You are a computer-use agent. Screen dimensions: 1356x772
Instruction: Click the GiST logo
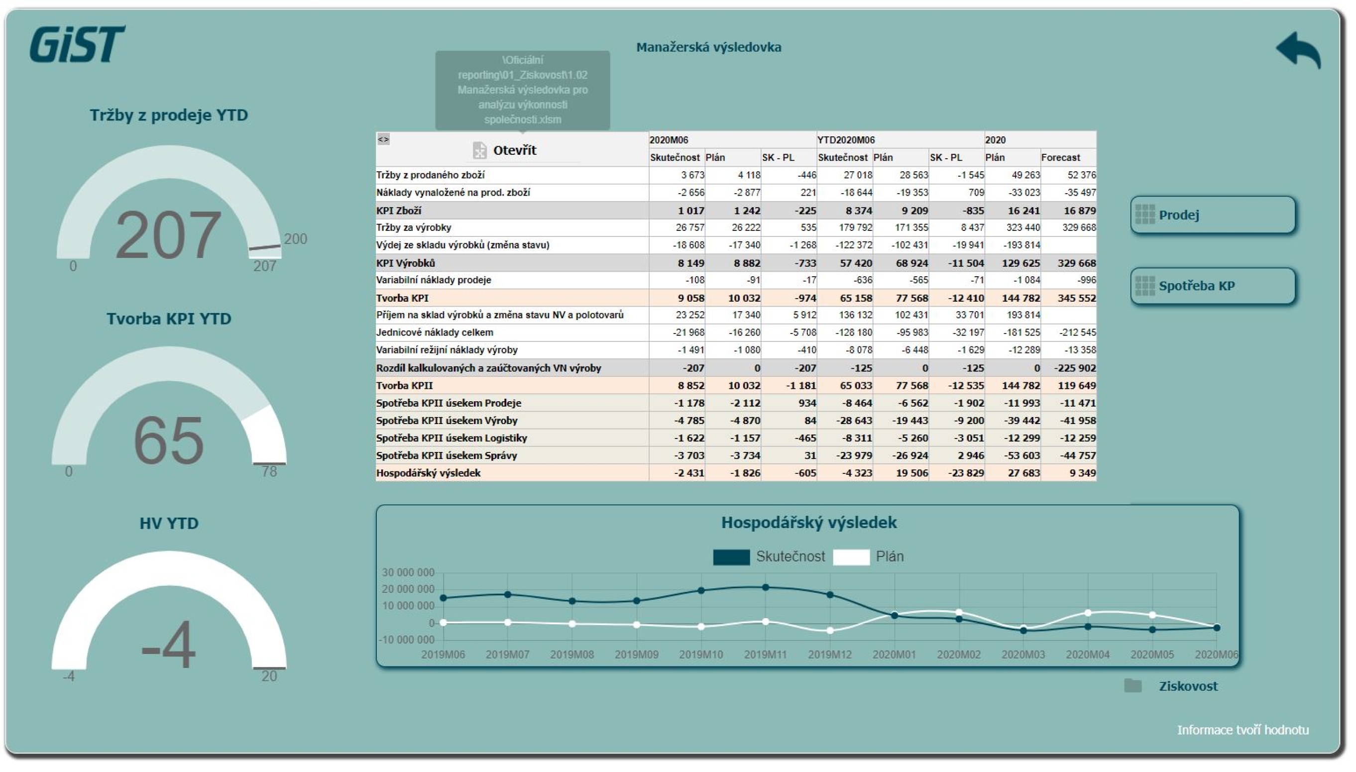point(77,44)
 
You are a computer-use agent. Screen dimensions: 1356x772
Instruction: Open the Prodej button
point(1213,215)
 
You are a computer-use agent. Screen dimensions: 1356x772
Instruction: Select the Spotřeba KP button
point(1213,286)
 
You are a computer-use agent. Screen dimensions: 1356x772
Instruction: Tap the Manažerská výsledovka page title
point(709,47)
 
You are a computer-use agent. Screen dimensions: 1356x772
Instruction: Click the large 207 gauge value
point(168,234)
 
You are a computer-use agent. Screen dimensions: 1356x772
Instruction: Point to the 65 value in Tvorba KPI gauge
point(169,440)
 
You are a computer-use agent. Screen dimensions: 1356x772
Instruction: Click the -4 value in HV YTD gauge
point(169,645)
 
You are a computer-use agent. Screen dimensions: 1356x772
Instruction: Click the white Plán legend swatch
point(851,557)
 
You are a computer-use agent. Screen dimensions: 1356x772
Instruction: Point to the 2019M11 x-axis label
point(765,655)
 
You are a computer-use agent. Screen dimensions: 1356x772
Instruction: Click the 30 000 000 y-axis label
point(408,572)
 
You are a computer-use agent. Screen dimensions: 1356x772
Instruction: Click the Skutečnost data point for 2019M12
point(830,595)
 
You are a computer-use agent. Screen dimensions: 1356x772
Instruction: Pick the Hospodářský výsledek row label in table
point(428,473)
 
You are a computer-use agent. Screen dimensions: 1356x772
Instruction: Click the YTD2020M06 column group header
point(846,140)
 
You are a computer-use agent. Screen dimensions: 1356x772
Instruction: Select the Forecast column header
point(1061,157)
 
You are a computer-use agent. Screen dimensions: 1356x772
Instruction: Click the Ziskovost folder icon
point(1133,685)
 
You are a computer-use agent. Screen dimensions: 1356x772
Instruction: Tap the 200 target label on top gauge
point(295,238)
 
